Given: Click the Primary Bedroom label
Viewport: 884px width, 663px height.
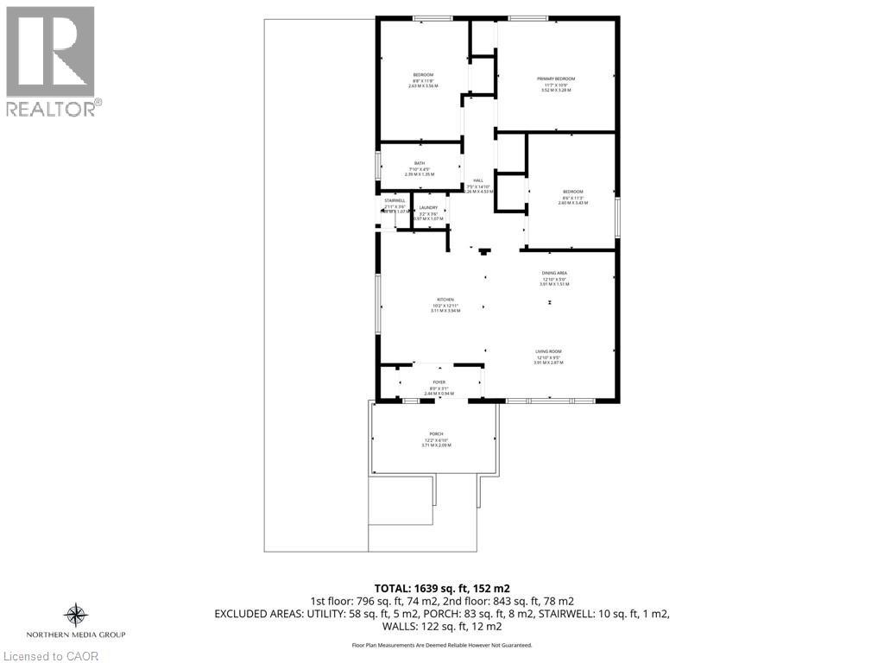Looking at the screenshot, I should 556,79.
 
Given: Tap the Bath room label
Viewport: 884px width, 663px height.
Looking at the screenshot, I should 420,163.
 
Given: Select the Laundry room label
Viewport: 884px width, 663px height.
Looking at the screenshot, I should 429,207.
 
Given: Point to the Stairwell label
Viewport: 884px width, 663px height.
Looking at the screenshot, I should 395,200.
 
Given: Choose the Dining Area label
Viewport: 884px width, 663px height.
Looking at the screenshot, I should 554,273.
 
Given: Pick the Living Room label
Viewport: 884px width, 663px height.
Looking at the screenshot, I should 548,351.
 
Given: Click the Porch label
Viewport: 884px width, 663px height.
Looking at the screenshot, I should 436,434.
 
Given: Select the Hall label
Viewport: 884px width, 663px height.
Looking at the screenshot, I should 478,180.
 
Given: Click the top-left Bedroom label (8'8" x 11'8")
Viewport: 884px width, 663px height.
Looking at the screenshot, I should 423,75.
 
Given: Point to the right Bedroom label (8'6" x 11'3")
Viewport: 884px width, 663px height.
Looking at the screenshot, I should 573,192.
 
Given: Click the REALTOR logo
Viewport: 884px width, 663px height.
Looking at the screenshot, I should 51,60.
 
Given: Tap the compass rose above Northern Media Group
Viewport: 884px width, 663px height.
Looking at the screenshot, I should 76,615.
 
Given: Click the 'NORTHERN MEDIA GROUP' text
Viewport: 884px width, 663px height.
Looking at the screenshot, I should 76,635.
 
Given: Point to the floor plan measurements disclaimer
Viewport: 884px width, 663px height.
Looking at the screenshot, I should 441,645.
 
